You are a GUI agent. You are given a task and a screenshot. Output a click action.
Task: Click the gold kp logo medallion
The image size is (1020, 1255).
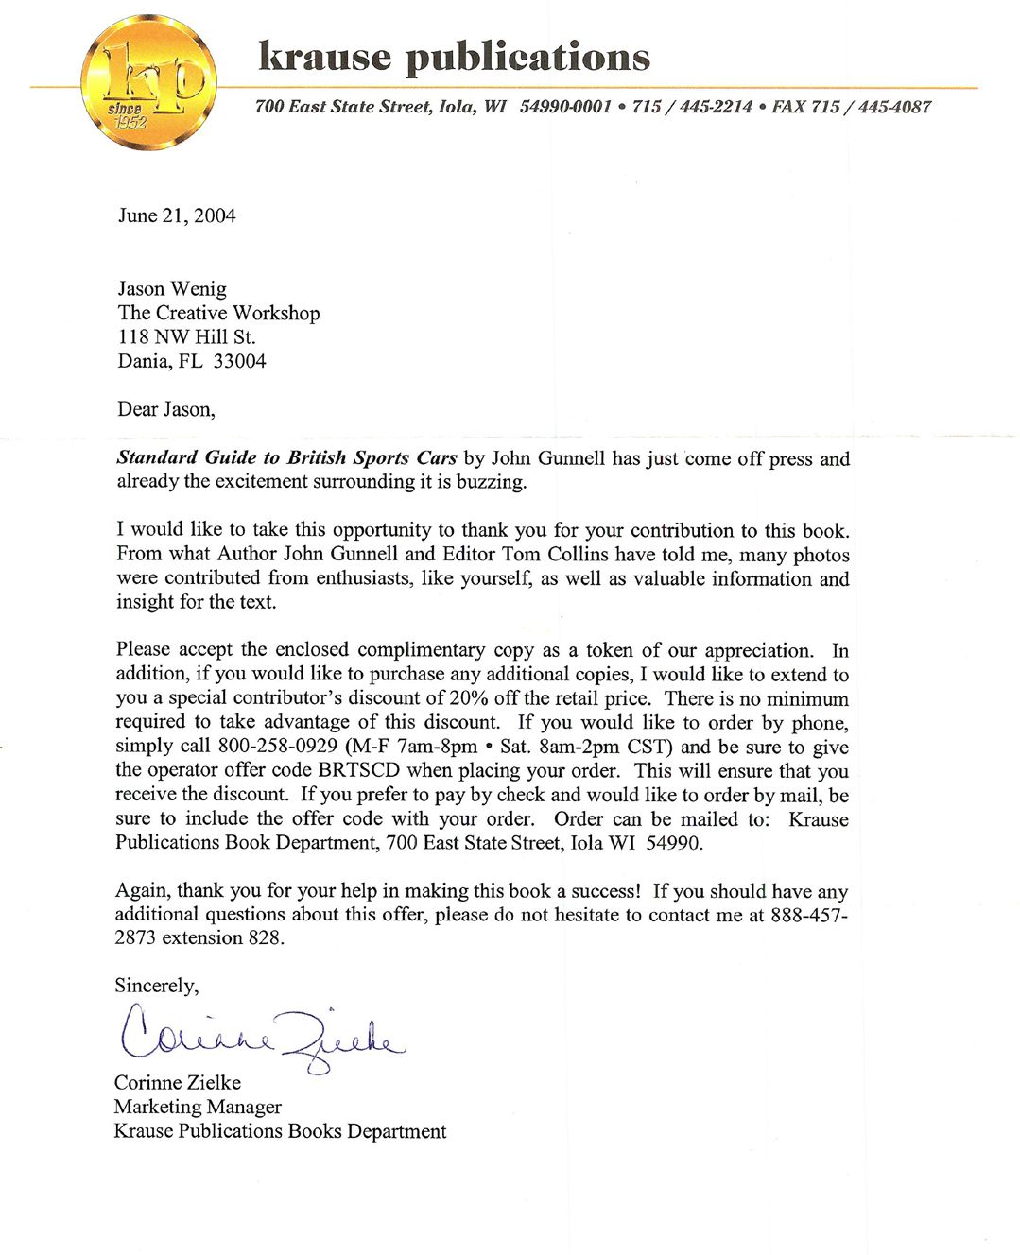coord(149,83)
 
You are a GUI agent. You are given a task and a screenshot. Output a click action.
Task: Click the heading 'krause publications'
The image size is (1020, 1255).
coord(454,57)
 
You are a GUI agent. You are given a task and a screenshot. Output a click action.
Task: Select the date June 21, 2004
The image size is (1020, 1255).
coord(177,215)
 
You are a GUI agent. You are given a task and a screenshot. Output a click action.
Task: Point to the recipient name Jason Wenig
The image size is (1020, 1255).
coord(172,288)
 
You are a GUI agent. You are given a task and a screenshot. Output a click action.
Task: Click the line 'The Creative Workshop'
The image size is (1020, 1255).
coord(218,313)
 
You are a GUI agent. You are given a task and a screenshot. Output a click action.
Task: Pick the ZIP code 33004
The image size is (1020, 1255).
coord(239,361)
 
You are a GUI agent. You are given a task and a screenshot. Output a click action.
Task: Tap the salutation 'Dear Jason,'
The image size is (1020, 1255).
coord(166,409)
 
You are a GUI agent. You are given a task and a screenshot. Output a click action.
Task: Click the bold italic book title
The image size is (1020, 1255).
coord(286,458)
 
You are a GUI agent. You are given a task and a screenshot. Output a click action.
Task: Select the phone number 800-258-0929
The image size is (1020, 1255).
coord(278,747)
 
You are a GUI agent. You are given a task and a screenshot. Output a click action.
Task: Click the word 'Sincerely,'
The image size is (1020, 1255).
coord(157,986)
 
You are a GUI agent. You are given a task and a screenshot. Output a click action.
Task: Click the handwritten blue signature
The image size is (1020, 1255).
coord(260,1035)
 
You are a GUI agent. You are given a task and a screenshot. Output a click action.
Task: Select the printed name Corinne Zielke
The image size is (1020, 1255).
coord(178,1083)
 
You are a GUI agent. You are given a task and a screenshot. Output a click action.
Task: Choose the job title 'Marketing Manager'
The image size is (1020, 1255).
coord(198,1107)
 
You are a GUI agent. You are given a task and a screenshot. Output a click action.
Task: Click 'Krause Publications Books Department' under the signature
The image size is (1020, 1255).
coord(280,1131)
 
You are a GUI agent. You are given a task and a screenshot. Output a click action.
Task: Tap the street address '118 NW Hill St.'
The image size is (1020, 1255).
coord(186,336)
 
